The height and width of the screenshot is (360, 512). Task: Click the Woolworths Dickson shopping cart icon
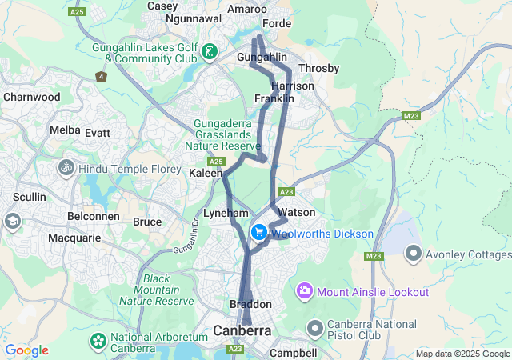(259, 233)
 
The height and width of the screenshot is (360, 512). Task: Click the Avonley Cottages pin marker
(414, 254)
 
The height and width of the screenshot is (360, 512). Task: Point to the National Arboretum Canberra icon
(98, 341)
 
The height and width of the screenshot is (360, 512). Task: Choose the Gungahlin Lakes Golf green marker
(210, 53)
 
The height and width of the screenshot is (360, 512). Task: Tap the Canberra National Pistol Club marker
(316, 328)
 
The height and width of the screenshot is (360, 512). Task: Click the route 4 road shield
(101, 77)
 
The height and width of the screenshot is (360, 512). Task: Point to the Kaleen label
(206, 173)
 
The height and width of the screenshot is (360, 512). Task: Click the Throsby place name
(318, 69)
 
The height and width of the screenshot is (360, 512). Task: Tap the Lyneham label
(221, 214)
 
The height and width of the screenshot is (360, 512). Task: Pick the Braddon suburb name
(250, 305)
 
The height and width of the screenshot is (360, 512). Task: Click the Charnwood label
(31, 97)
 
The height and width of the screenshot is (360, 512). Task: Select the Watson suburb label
(296, 212)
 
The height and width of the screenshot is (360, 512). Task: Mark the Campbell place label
(294, 352)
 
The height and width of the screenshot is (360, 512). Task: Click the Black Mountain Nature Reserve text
(157, 290)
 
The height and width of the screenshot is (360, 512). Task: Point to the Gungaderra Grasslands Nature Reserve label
(222, 135)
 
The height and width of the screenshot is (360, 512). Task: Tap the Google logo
(26, 350)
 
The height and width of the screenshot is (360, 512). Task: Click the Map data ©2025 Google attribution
(462, 354)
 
